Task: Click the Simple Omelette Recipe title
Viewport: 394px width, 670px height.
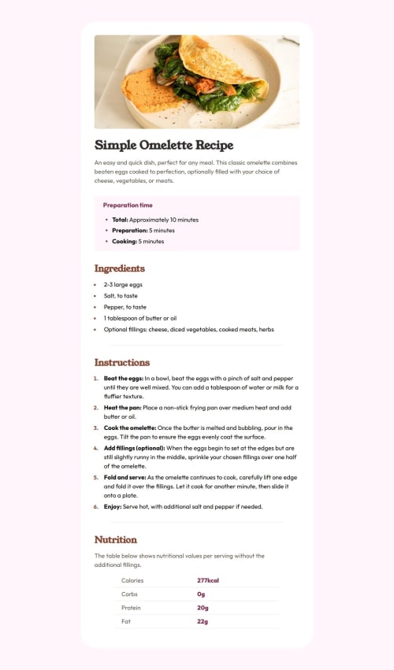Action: (164, 146)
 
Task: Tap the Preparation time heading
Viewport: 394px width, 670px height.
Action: (128, 205)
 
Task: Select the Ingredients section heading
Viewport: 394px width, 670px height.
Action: (120, 268)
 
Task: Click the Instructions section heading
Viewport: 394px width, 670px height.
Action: (122, 362)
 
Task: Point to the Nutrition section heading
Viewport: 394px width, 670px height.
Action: (116, 539)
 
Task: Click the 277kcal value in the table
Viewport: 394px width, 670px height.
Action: (208, 580)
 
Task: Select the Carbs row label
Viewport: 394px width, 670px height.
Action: (130, 594)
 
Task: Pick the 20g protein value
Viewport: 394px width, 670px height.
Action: (203, 608)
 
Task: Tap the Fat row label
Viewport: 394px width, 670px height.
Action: (126, 622)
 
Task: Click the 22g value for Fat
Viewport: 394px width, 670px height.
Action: (203, 622)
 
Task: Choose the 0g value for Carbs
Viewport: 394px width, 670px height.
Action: (201, 594)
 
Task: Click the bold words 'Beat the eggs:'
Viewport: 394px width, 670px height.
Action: (124, 379)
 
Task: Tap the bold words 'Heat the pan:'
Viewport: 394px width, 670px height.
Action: (123, 407)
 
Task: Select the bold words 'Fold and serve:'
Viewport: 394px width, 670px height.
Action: (125, 477)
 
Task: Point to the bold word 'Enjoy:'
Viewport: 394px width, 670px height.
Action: (113, 507)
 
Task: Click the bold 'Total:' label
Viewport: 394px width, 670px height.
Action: (120, 220)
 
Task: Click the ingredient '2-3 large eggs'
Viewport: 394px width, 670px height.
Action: (123, 284)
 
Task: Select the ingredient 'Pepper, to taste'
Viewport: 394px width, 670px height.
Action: (125, 307)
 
